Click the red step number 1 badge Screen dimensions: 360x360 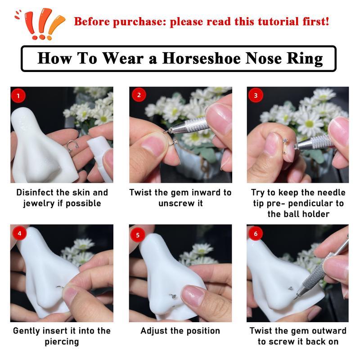tap(18, 95)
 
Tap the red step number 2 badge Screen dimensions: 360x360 tap(139, 95)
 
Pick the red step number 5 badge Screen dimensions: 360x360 tap(138, 234)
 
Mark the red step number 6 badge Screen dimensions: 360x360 tap(256, 234)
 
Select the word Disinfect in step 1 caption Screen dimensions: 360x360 tap(37, 193)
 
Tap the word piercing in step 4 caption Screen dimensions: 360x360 tap(62, 342)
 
